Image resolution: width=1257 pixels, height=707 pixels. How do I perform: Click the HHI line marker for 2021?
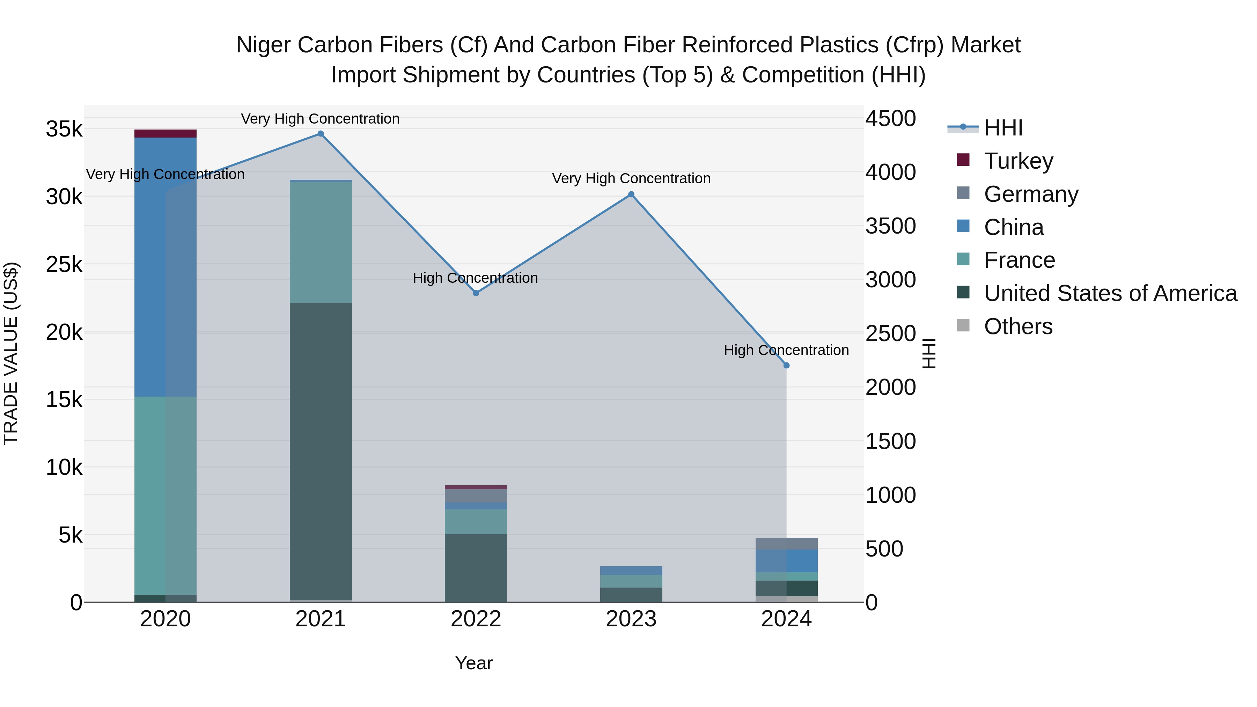[x=321, y=134]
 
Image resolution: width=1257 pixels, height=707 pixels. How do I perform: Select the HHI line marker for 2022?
[x=476, y=293]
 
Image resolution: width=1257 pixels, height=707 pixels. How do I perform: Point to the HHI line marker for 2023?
[x=631, y=194]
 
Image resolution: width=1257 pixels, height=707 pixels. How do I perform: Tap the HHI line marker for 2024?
[x=786, y=366]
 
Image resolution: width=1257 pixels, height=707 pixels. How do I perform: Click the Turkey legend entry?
[x=1019, y=161]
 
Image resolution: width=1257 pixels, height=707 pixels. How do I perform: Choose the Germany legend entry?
[x=1031, y=194]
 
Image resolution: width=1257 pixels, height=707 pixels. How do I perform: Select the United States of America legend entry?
[x=1110, y=293]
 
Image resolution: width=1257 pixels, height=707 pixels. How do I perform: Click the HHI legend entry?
[x=1003, y=128]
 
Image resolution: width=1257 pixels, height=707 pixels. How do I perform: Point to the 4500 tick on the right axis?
[x=890, y=119]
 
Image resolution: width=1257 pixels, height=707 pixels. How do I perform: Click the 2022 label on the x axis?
[x=476, y=619]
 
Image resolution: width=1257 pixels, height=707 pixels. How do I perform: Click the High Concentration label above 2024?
[x=786, y=350]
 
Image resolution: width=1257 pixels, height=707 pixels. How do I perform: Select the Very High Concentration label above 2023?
[x=631, y=178]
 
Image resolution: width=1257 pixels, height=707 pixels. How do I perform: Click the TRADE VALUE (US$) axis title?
[x=11, y=353]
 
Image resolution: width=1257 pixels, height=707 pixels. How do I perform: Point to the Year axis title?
[x=474, y=663]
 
